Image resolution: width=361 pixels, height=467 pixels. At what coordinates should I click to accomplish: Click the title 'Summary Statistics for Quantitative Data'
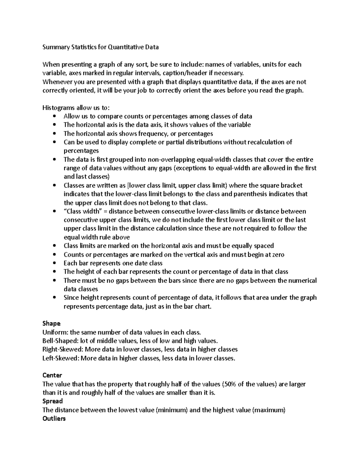pyautogui.click(x=100, y=47)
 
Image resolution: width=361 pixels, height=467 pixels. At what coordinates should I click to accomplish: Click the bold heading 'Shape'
pyautogui.click(x=51, y=324)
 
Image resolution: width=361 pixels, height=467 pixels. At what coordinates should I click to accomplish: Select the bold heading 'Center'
pyautogui.click(x=52, y=375)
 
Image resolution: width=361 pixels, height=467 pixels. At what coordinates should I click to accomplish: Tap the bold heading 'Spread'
pyautogui.click(x=53, y=401)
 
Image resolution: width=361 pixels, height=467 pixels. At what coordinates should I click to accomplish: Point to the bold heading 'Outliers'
pyautogui.click(x=54, y=419)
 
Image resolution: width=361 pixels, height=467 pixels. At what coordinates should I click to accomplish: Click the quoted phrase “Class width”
pyautogui.click(x=81, y=211)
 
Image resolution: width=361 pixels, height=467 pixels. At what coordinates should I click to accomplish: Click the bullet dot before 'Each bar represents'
pyautogui.click(x=54, y=263)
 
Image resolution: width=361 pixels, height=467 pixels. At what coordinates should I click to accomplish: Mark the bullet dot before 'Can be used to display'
pyautogui.click(x=54, y=142)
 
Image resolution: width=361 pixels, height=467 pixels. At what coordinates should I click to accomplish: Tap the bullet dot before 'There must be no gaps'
pyautogui.click(x=54, y=281)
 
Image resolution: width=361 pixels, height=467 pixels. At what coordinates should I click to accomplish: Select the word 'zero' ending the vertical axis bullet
pyautogui.click(x=277, y=255)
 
